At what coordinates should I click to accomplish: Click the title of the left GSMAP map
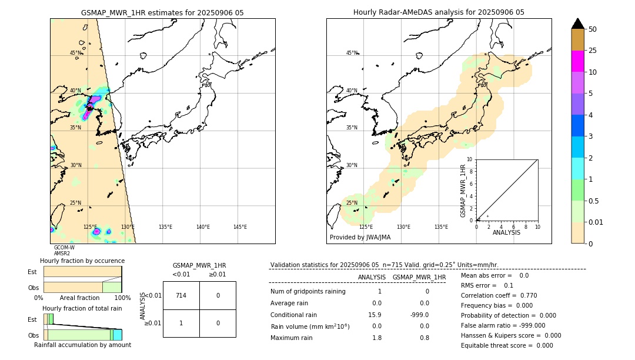click(x=162, y=12)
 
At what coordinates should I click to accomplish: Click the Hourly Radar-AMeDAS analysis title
click(x=439, y=12)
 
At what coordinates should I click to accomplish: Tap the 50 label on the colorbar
click(x=593, y=29)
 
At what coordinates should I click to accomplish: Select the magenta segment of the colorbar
click(x=578, y=61)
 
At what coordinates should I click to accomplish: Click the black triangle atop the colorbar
click(x=578, y=24)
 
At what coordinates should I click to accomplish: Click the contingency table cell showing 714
click(x=181, y=295)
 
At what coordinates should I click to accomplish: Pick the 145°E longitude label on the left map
click(x=240, y=227)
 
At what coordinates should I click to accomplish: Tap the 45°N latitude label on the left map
click(x=75, y=53)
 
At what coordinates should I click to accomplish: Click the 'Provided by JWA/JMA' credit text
click(x=360, y=238)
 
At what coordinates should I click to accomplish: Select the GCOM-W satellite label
click(x=64, y=248)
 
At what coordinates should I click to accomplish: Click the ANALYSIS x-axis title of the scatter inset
click(x=506, y=233)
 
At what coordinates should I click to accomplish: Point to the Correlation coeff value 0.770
click(x=525, y=296)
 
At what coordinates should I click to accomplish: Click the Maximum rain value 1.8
click(x=377, y=338)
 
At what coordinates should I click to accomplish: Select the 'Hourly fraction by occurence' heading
click(x=82, y=261)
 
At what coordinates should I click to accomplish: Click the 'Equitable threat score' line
click(x=507, y=345)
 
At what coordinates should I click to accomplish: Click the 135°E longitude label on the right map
click(x=440, y=227)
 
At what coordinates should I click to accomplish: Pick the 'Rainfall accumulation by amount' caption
click(x=82, y=345)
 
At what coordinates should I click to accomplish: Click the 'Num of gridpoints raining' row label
click(x=308, y=292)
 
